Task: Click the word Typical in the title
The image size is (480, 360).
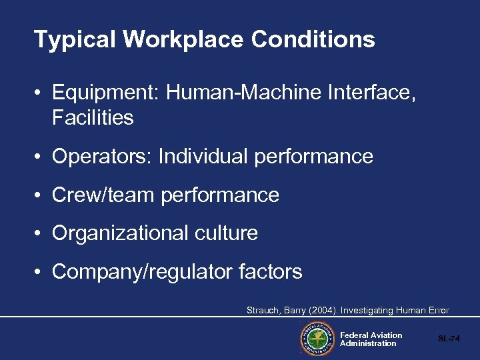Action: [x=75, y=40]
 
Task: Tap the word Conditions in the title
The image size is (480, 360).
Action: [x=313, y=40]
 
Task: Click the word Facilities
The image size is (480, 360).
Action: [x=93, y=118]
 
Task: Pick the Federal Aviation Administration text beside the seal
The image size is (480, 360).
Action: [x=371, y=339]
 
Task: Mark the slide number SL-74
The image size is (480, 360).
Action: [x=449, y=339]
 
